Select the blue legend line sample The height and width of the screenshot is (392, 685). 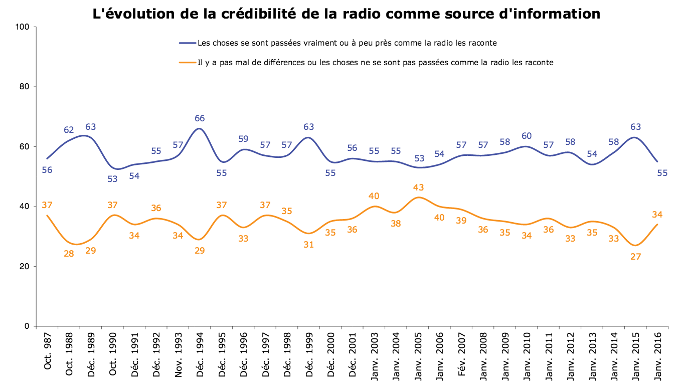click(x=187, y=43)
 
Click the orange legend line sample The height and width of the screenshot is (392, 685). click(x=187, y=63)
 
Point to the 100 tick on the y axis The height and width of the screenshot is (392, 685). click(x=24, y=27)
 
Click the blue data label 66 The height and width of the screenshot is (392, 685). click(x=200, y=118)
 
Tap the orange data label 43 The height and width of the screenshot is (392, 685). click(x=418, y=187)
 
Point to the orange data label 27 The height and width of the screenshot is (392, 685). click(x=636, y=256)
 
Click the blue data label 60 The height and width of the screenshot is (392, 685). click(x=527, y=136)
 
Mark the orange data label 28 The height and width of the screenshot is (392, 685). click(x=69, y=254)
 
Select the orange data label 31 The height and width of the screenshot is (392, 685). click(x=308, y=245)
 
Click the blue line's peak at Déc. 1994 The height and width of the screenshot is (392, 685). click(x=199, y=128)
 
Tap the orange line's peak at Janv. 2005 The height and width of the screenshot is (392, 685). click(x=418, y=197)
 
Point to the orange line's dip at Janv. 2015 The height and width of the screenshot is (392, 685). click(x=636, y=245)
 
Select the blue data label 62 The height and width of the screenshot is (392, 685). click(x=69, y=130)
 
